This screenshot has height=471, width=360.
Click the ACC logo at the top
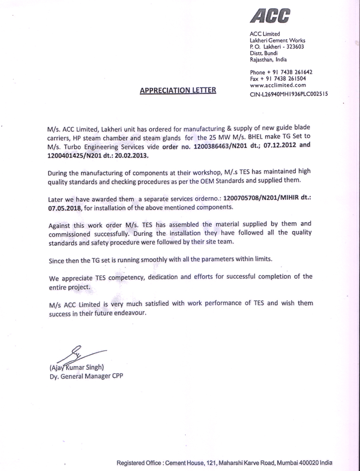pos(270,16)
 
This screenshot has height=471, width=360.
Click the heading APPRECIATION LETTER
pos(178,90)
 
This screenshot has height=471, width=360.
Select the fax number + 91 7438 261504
pos(288,79)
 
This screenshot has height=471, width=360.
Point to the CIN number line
pos(289,95)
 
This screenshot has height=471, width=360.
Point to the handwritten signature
pos(80,356)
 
